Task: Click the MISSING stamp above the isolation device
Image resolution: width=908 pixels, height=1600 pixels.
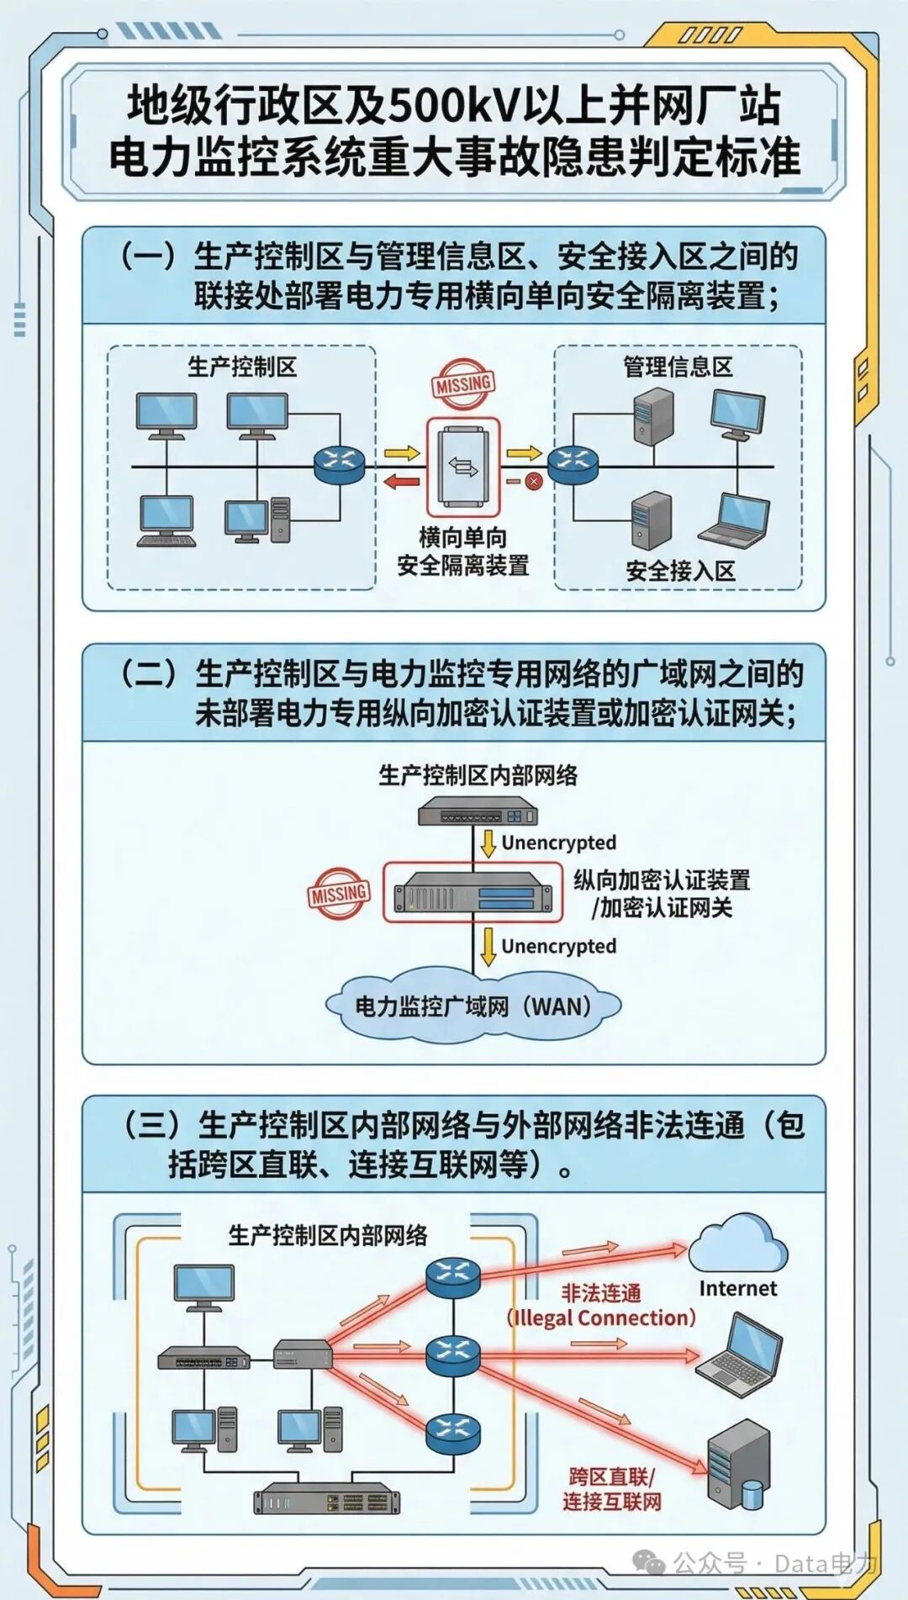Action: coord(463,385)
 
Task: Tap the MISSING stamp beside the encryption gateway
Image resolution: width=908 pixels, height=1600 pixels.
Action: coord(339,893)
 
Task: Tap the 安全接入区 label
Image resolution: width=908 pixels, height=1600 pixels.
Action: coord(679,571)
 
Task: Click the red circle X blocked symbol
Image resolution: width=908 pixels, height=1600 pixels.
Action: coord(533,482)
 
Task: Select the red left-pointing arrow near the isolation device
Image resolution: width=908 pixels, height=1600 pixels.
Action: coord(401,482)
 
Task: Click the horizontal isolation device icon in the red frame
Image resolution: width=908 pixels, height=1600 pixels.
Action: coord(463,467)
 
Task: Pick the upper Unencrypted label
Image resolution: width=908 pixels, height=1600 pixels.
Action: coord(558,842)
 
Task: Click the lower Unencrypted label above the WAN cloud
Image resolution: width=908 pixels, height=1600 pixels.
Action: coord(558,946)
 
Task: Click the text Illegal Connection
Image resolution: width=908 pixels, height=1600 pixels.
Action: coord(602,1317)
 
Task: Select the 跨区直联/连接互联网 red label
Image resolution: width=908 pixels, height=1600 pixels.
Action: coord(611,1489)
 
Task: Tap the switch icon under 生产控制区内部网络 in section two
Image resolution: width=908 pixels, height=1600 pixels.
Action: coord(478,814)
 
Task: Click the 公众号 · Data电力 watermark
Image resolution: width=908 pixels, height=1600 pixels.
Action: coord(757,1564)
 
